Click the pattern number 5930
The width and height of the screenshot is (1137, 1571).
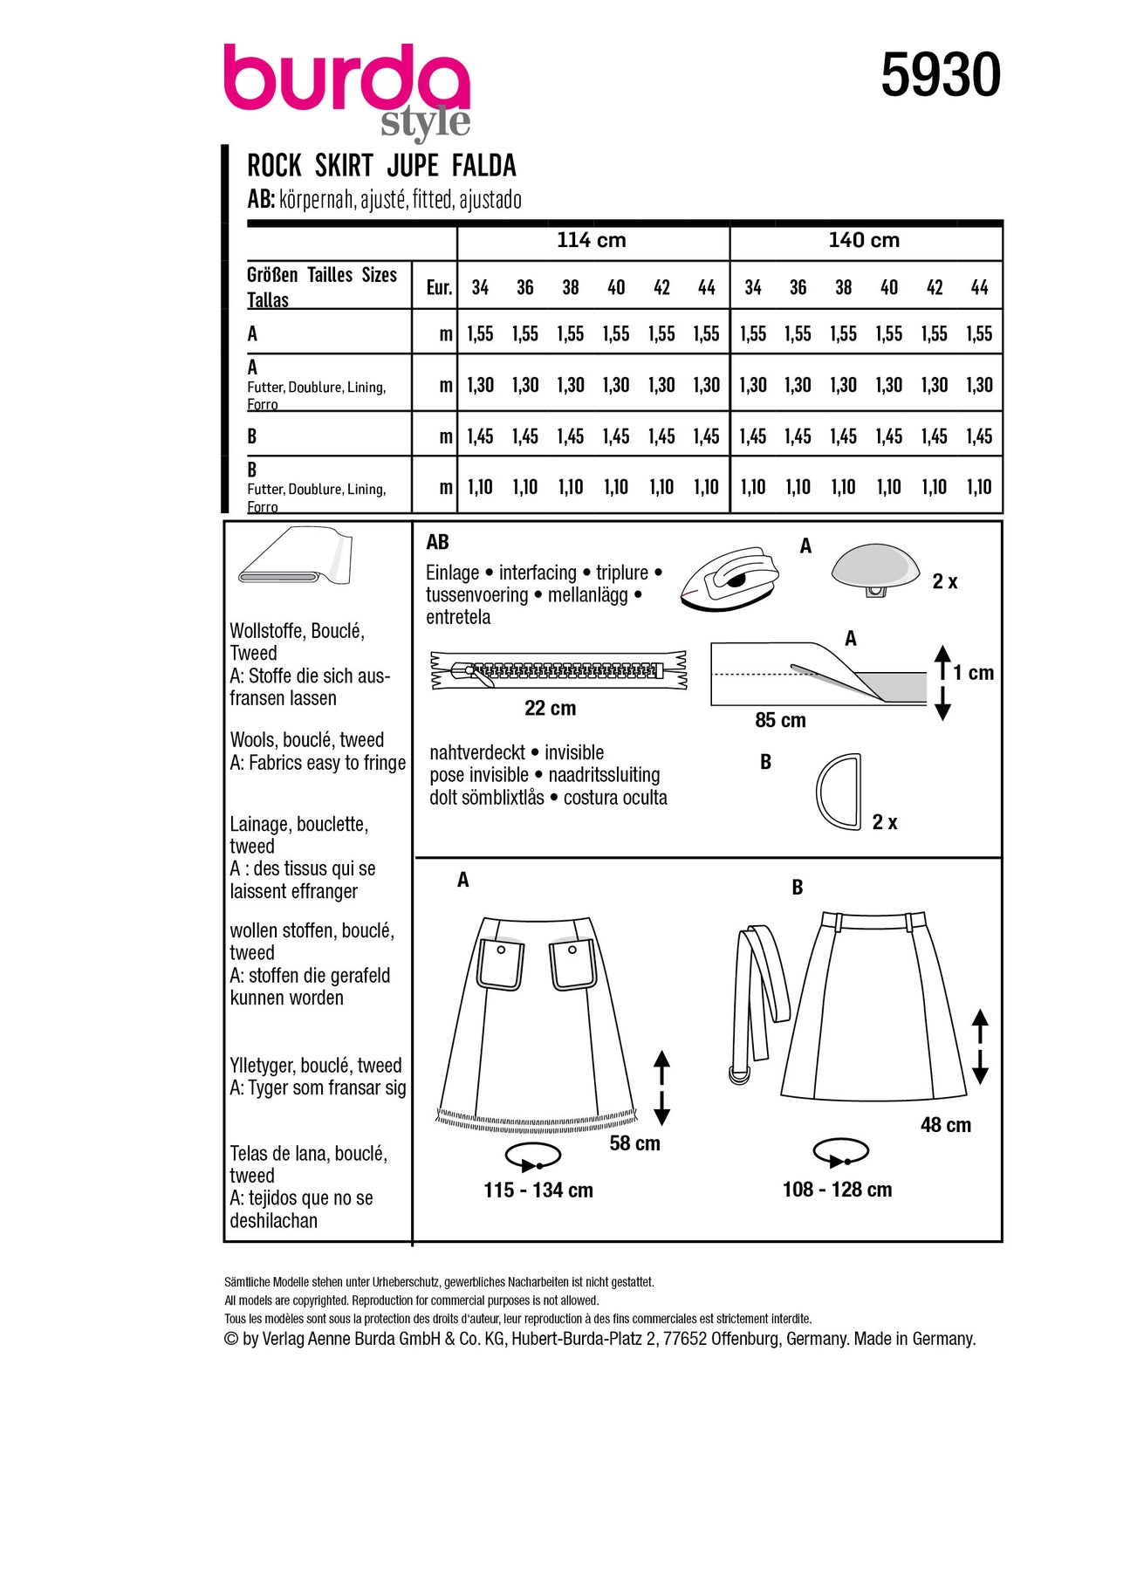click(940, 75)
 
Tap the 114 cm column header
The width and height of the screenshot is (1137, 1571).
click(592, 240)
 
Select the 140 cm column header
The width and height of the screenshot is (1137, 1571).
click(864, 240)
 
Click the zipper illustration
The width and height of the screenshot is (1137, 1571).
click(558, 670)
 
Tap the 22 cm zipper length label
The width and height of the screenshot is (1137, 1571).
click(550, 709)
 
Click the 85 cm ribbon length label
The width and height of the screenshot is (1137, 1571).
click(780, 721)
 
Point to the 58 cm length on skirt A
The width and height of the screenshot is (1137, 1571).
click(634, 1143)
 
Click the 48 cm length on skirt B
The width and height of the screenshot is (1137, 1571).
click(945, 1126)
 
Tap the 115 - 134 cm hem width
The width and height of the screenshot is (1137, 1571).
click(538, 1190)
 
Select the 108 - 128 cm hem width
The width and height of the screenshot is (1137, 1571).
click(837, 1190)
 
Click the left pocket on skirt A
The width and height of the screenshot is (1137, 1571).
click(501, 965)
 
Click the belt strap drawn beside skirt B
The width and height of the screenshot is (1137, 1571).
click(759, 995)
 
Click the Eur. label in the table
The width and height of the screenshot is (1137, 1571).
click(439, 288)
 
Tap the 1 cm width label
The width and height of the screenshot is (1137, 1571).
click(973, 673)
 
